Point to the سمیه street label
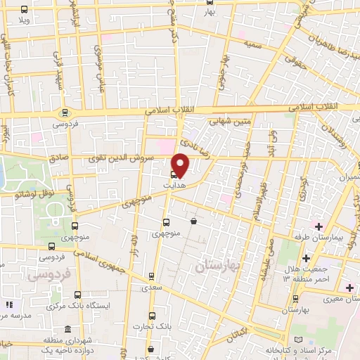tap(254, 44)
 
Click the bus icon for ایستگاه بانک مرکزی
tap(77, 297)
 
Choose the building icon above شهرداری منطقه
tap(67, 330)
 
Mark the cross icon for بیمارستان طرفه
tap(318, 226)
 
